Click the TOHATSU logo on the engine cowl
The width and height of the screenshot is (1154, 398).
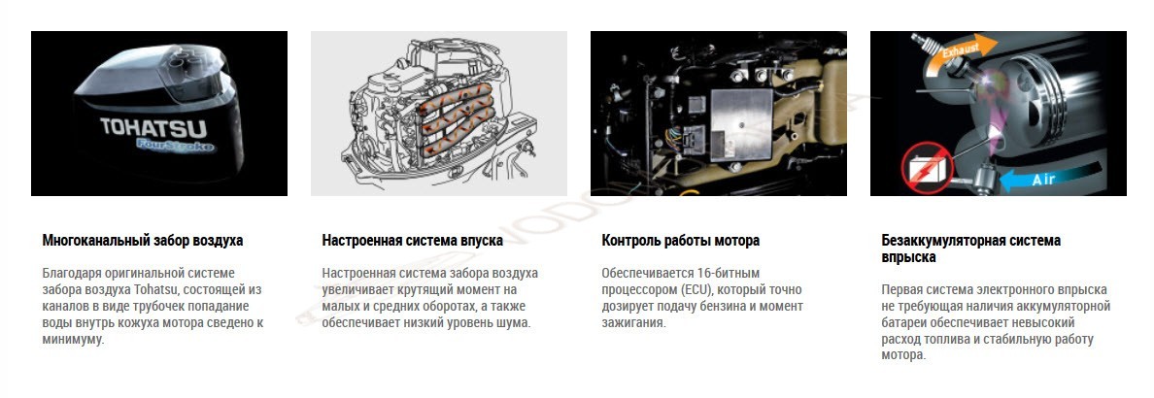tap(153, 127)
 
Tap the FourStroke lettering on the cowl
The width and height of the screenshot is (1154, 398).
tap(176, 146)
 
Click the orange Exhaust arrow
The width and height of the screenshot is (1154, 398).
tap(958, 54)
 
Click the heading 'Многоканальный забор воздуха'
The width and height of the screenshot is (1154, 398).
tap(143, 241)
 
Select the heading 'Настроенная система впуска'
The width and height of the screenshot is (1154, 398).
tap(413, 241)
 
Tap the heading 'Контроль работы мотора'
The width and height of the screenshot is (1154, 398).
tap(681, 241)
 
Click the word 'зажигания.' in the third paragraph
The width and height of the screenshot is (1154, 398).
tap(634, 323)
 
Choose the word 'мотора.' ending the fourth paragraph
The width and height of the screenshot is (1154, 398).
tap(903, 355)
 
